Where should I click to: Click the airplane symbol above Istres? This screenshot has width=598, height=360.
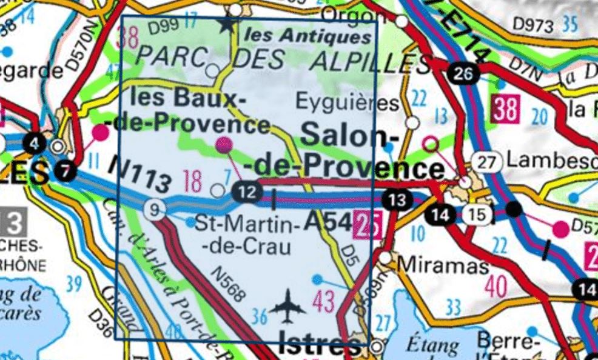pos(289,305)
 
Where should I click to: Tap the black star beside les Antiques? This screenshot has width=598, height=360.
pos(227,25)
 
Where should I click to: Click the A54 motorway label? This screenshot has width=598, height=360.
pos(328,222)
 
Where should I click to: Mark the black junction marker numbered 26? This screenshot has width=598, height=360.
pos(464,75)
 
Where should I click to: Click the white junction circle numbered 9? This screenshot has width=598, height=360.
pos(155,210)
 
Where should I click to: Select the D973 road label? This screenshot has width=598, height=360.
pos(533,25)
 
